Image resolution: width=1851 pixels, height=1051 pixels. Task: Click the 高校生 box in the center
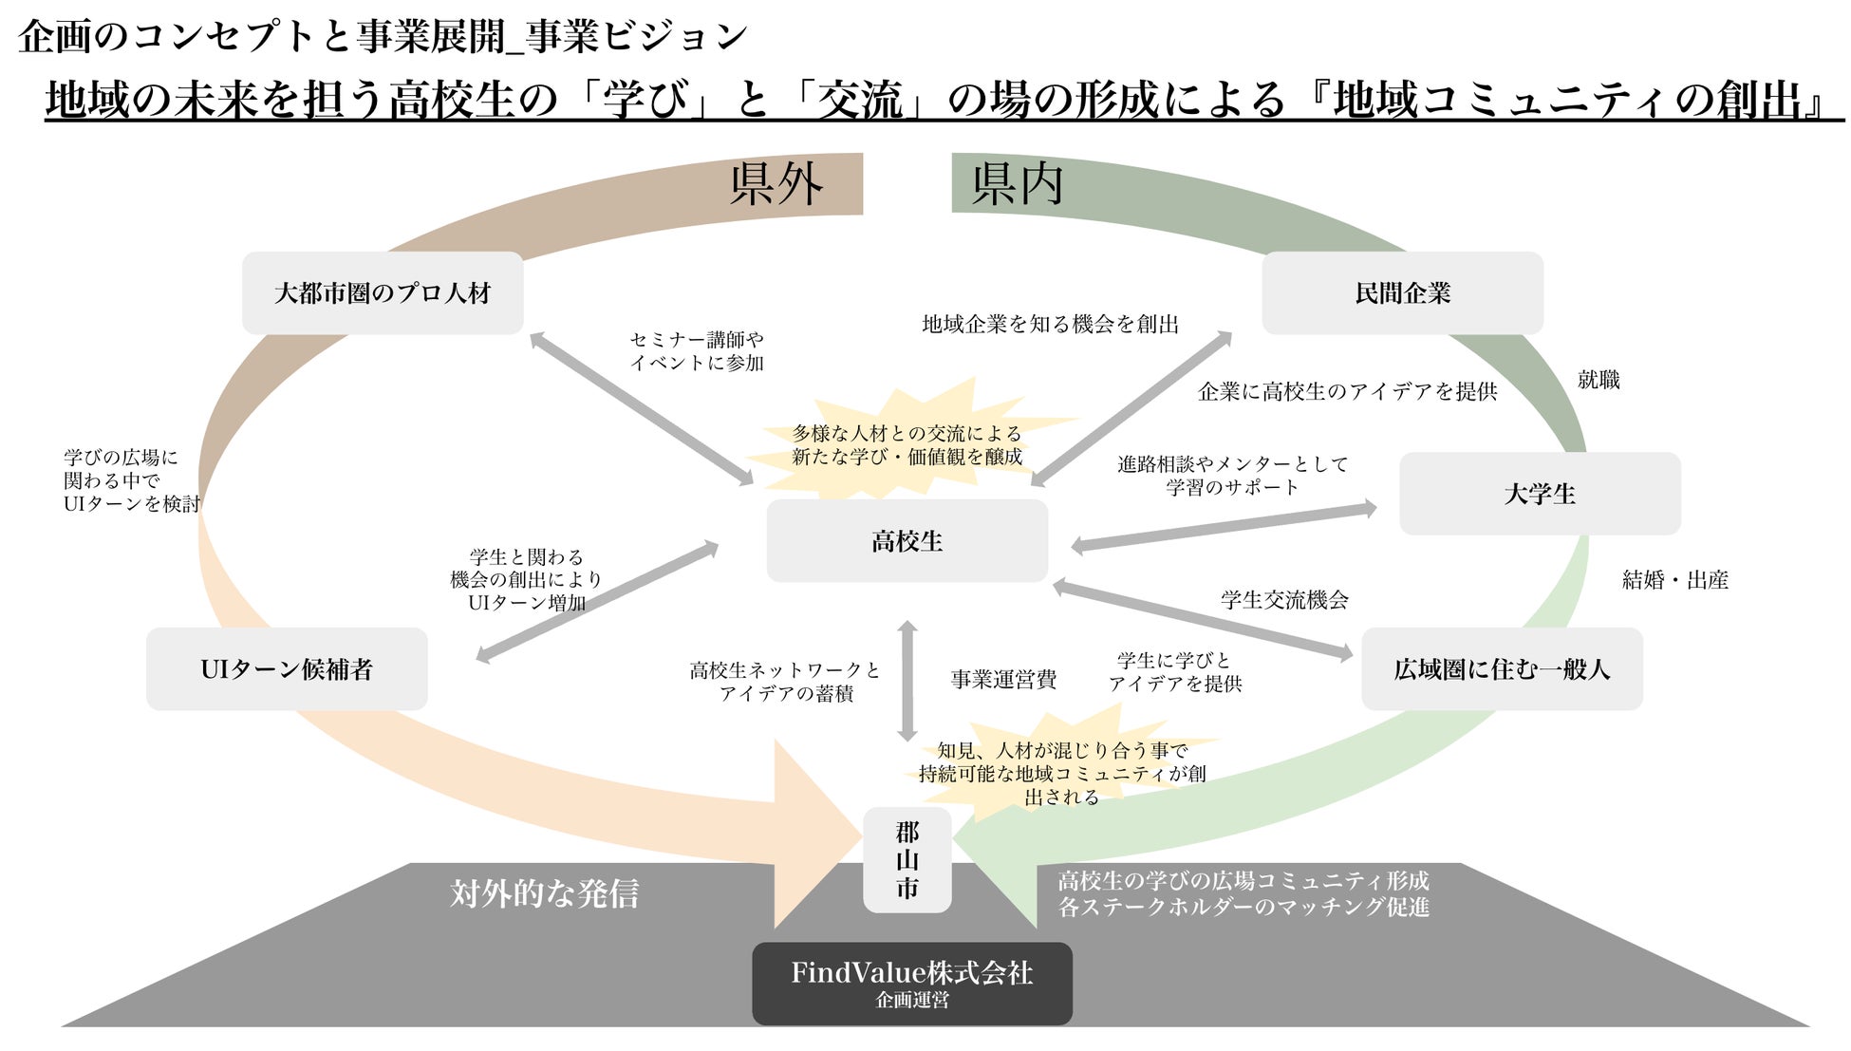tap(907, 540)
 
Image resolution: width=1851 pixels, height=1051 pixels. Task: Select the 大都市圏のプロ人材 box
tap(383, 292)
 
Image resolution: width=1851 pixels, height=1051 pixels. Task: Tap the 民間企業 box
tap(1402, 292)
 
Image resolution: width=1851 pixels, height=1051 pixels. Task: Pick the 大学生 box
tap(1539, 494)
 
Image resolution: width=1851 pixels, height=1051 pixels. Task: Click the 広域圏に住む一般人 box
tap(1502, 669)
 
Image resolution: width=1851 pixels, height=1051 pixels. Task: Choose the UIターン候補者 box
tap(287, 669)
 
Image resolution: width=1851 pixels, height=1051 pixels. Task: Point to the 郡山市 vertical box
tap(907, 860)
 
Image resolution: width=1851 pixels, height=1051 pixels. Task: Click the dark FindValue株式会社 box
tap(911, 982)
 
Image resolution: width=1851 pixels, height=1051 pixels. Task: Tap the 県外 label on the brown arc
tap(776, 184)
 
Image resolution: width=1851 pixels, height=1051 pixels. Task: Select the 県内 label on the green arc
tap(1017, 184)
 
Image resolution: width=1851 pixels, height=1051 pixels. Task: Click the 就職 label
tap(1599, 380)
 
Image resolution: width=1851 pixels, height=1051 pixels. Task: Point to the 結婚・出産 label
tap(1674, 580)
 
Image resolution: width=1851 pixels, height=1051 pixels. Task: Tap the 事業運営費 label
tap(1003, 680)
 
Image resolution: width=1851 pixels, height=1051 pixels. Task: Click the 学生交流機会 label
tap(1284, 600)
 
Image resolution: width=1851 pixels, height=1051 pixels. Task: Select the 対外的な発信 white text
tap(544, 893)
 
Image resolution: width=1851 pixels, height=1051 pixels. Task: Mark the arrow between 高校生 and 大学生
tap(1224, 527)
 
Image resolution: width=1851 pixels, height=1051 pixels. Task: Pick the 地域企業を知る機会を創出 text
tap(1050, 325)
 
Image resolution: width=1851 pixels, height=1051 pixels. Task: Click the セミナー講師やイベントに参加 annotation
tap(697, 351)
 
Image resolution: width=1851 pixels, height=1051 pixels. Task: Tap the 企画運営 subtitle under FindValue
tap(911, 1001)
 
